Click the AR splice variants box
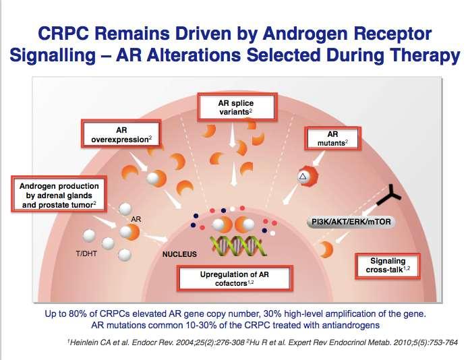coord(237,107)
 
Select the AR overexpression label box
coord(121,134)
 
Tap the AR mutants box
coord(332,138)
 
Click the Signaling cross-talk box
coord(388,266)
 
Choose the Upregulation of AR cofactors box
coord(235,278)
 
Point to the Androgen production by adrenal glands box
coord(59,194)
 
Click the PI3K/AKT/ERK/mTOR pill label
coord(351,222)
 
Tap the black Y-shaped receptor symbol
coord(389,196)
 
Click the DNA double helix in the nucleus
coord(238,246)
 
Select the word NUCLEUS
coord(179,254)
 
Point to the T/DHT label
coord(86,253)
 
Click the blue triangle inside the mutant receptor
coord(303,177)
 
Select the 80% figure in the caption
coord(77,313)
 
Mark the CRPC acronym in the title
coord(63,34)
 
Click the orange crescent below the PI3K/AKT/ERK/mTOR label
coord(326,249)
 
